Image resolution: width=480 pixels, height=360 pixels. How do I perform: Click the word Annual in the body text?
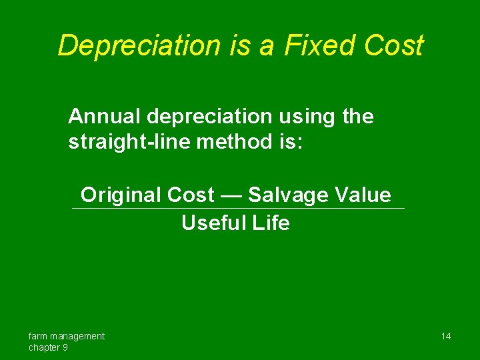[x=105, y=117]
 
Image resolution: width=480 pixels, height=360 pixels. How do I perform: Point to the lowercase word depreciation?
[x=209, y=117]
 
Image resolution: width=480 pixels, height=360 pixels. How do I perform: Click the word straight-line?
[x=126, y=142]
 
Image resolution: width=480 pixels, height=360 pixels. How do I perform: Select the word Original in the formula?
[x=121, y=195]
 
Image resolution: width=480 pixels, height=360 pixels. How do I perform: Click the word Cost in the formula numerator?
[x=191, y=195]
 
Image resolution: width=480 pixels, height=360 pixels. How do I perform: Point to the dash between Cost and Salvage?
[x=231, y=196]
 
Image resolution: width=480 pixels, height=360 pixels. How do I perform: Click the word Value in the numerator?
[x=363, y=195]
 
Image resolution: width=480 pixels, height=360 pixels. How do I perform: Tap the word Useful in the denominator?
[x=214, y=223]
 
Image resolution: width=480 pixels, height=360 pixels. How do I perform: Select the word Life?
[x=271, y=223]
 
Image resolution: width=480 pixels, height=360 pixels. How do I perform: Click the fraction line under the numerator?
[x=238, y=209]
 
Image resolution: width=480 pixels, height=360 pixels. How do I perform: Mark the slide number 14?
[x=446, y=336]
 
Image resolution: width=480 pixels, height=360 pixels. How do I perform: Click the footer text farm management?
[x=67, y=336]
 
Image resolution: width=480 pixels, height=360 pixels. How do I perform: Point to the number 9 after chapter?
[x=65, y=347]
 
